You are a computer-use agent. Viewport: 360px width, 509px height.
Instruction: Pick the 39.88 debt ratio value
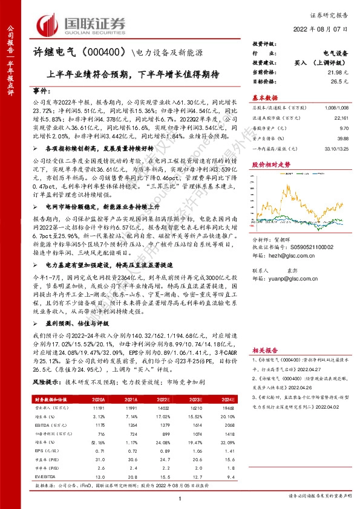342,138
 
